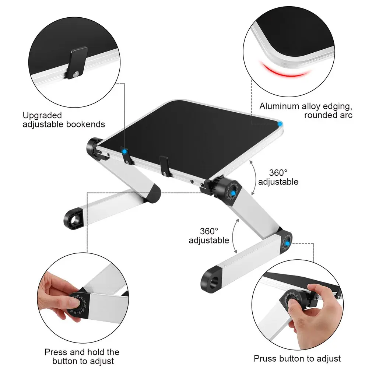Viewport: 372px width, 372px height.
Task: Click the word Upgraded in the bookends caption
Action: (x=42, y=116)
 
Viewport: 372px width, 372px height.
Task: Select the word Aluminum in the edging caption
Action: (x=279, y=106)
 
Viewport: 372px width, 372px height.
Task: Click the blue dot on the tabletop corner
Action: (x=280, y=124)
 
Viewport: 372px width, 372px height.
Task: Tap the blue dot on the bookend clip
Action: (x=124, y=151)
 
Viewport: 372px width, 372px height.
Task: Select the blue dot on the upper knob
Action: (x=233, y=193)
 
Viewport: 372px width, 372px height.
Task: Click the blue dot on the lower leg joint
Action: (x=287, y=243)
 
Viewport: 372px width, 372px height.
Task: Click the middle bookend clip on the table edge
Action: (x=164, y=166)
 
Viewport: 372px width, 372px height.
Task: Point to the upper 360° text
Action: (x=278, y=172)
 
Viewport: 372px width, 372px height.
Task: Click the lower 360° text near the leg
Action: (x=209, y=231)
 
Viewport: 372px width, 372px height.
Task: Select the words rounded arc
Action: (x=328, y=115)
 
